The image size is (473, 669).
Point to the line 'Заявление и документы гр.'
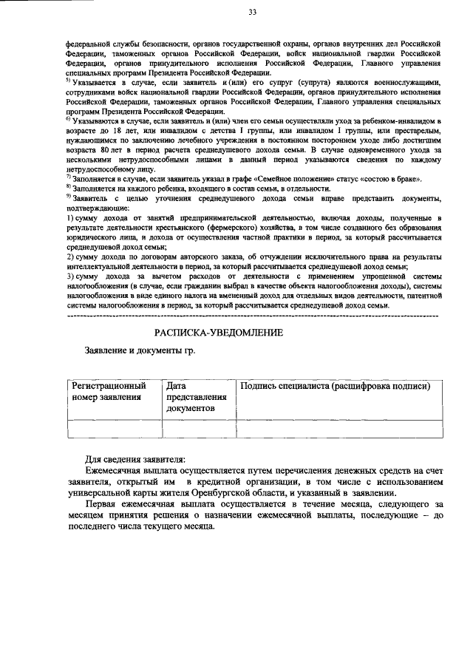[x=140, y=350]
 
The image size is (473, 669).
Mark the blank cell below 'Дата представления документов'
[x=199, y=429]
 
